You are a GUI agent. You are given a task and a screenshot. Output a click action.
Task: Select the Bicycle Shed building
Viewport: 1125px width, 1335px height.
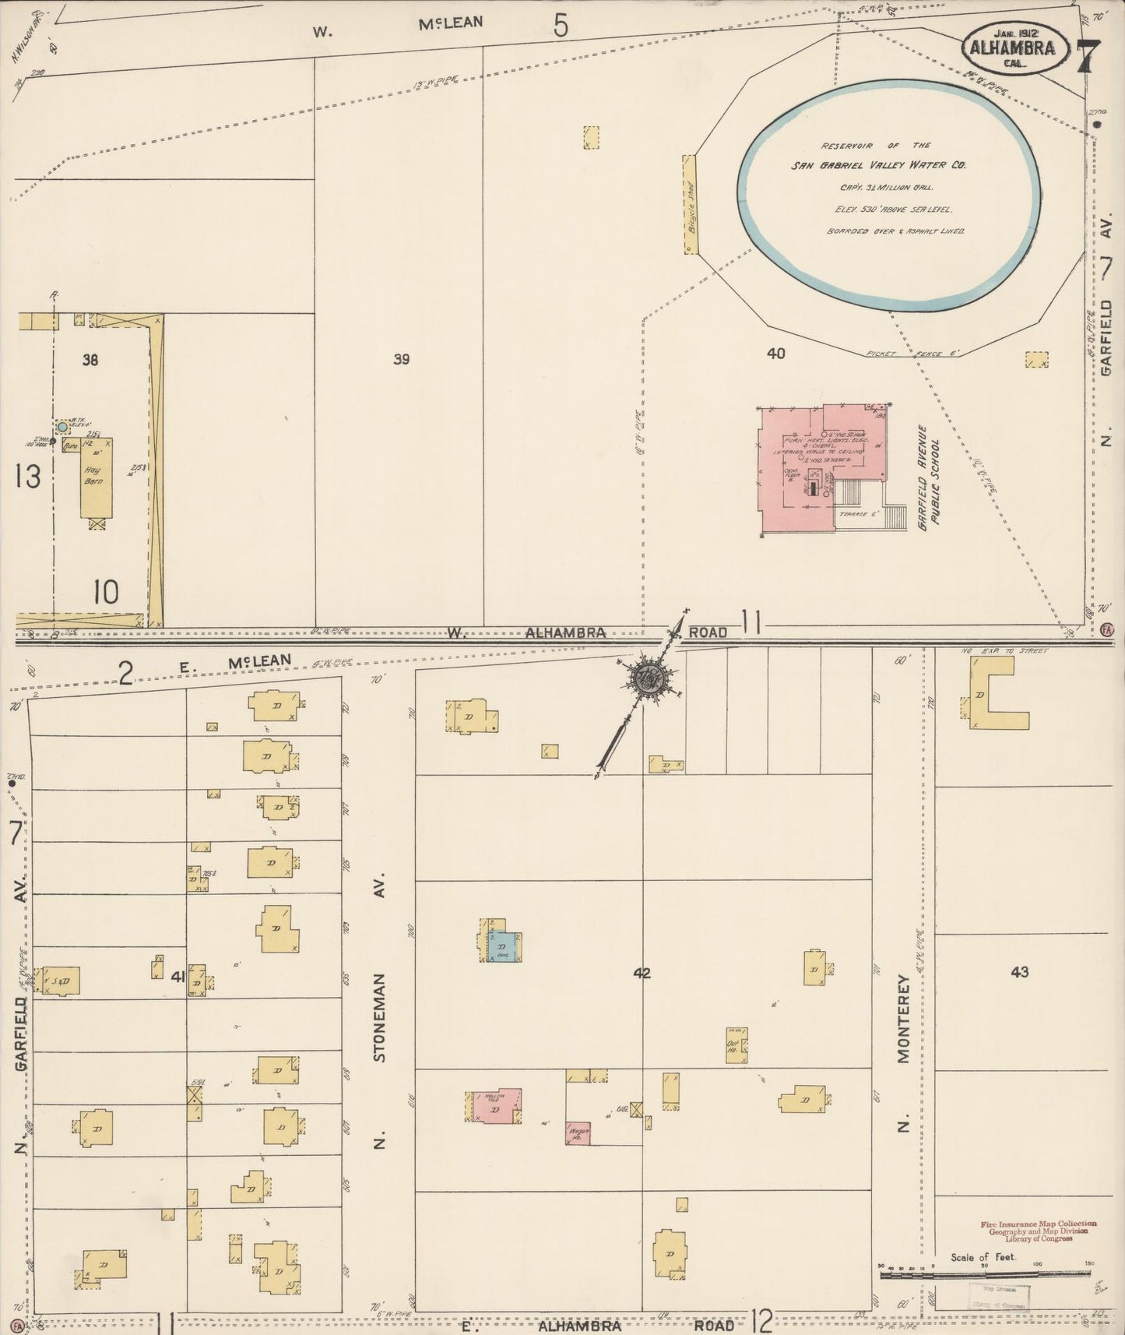pos(689,203)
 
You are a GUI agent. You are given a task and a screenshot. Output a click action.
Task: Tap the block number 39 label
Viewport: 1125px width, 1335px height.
pos(401,359)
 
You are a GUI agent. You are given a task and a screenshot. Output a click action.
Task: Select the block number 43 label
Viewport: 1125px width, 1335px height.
pos(1020,971)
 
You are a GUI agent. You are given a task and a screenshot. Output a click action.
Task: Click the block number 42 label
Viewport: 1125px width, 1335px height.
pos(642,973)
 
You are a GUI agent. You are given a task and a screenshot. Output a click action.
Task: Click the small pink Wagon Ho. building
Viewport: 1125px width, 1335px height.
pos(577,1132)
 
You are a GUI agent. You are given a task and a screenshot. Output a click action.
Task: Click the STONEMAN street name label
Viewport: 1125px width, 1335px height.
pos(380,1016)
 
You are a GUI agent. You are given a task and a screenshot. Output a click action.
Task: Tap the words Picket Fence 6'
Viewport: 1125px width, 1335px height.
pos(911,354)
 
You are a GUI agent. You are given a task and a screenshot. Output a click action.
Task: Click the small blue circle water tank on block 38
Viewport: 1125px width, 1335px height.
pos(62,428)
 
